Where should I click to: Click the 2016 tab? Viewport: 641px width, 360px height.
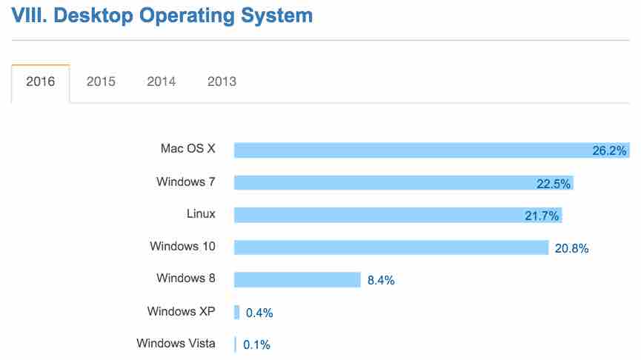click(x=40, y=81)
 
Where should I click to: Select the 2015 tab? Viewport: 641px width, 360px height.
click(x=101, y=81)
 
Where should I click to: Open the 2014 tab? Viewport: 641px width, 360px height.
click(x=161, y=81)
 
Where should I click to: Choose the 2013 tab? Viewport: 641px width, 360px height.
click(x=222, y=81)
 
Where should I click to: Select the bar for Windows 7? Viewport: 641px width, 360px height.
click(x=385, y=183)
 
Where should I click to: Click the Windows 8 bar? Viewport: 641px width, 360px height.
click(x=296, y=279)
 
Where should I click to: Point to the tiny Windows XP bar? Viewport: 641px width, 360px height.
click(x=237, y=312)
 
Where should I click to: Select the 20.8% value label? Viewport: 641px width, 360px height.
click(x=571, y=249)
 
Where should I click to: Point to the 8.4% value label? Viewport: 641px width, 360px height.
click(x=381, y=281)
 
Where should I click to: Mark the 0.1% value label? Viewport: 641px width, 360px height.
click(x=257, y=345)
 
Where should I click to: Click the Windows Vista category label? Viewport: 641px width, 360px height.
click(x=176, y=343)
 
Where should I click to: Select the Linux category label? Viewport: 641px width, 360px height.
click(x=201, y=214)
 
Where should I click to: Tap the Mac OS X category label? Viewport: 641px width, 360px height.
click(x=187, y=148)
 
